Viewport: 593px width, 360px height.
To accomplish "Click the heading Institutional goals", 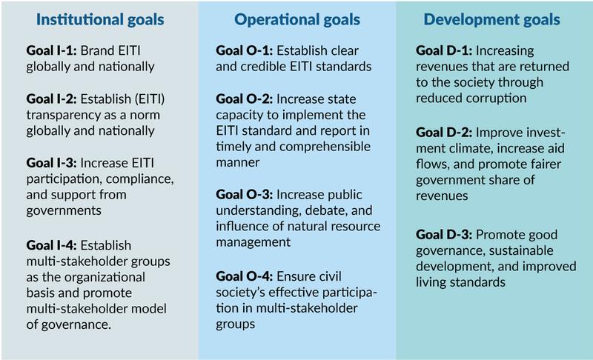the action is click(x=100, y=20).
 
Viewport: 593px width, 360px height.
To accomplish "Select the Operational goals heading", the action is click(x=297, y=20).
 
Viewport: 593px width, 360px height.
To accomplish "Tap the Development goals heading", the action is click(x=491, y=20).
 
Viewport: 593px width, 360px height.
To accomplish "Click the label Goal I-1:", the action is click(x=51, y=50).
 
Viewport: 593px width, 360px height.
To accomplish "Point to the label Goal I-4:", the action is click(x=51, y=245).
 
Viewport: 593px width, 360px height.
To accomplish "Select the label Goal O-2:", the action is click(x=245, y=99).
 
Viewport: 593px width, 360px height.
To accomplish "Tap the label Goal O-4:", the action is click(x=245, y=276).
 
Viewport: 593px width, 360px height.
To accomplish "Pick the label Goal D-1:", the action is click(x=444, y=50).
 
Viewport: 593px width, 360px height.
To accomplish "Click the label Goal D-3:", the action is click(x=444, y=234).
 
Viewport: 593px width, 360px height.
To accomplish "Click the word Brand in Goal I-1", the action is click(x=98, y=50).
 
